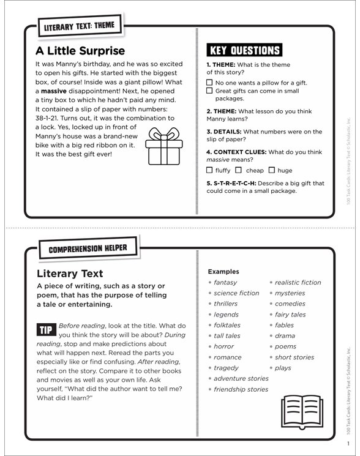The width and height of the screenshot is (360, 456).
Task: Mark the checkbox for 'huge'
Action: (272, 170)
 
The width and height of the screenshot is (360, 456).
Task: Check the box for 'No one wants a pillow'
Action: (210, 83)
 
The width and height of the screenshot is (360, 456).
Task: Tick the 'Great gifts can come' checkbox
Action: (210, 91)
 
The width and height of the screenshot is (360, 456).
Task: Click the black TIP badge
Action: (46, 330)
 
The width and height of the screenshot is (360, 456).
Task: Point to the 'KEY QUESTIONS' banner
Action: (244, 51)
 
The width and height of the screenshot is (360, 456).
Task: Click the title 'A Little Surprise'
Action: (80, 51)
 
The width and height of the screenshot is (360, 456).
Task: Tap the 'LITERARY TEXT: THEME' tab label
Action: (79, 27)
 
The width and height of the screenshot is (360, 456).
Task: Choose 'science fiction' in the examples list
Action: (236, 293)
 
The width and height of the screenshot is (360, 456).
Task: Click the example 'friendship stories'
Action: (241, 389)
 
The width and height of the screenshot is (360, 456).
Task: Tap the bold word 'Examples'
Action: (223, 271)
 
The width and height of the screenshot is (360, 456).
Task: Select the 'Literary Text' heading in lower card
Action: (70, 274)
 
